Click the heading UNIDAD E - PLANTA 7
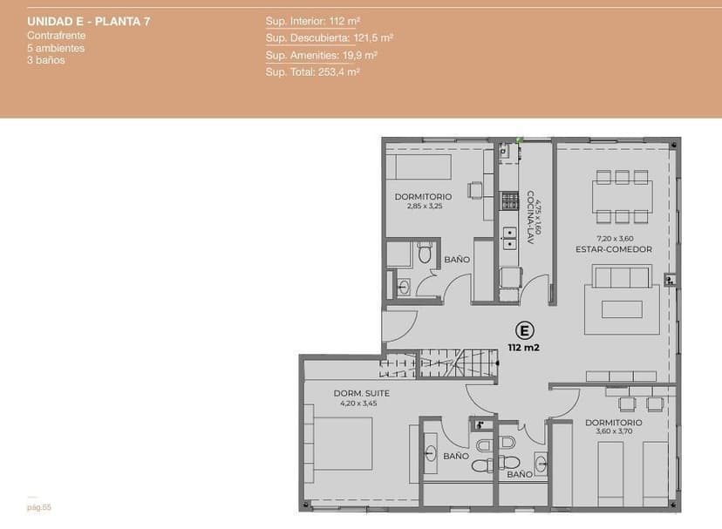89,21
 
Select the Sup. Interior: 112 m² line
313,21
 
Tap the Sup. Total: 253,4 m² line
313,71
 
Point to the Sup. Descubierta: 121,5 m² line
330,37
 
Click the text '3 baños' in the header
46,60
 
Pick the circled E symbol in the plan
524,330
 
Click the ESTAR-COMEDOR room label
614,249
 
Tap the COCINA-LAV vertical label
530,217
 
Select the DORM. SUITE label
362,393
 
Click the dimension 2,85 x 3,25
425,207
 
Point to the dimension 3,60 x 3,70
614,431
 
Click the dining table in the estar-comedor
623,196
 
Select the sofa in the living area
622,276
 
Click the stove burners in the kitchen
509,200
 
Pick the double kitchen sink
509,239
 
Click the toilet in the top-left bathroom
425,254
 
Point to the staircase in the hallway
439,363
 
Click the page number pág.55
39,507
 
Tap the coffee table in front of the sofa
622,309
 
